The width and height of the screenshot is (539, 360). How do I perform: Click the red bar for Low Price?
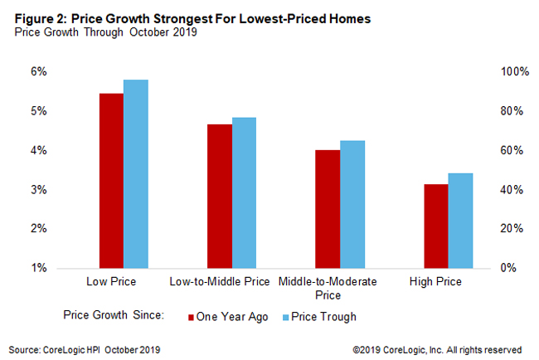(111, 181)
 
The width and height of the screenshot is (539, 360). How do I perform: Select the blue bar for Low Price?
(135, 174)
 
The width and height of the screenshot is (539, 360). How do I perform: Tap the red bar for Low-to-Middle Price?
(220, 196)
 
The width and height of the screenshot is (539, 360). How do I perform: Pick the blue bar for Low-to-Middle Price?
(244, 192)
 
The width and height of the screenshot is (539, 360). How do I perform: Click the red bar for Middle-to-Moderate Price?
(328, 209)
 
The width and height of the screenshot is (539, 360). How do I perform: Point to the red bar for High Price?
(436, 226)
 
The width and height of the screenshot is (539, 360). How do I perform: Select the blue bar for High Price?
(460, 221)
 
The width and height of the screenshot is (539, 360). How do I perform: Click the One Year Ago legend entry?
(227, 316)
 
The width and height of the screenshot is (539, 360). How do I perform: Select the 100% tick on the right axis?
(512, 72)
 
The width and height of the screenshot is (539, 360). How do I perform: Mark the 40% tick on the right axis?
(510, 190)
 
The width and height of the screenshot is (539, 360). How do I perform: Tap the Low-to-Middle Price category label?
(219, 282)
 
